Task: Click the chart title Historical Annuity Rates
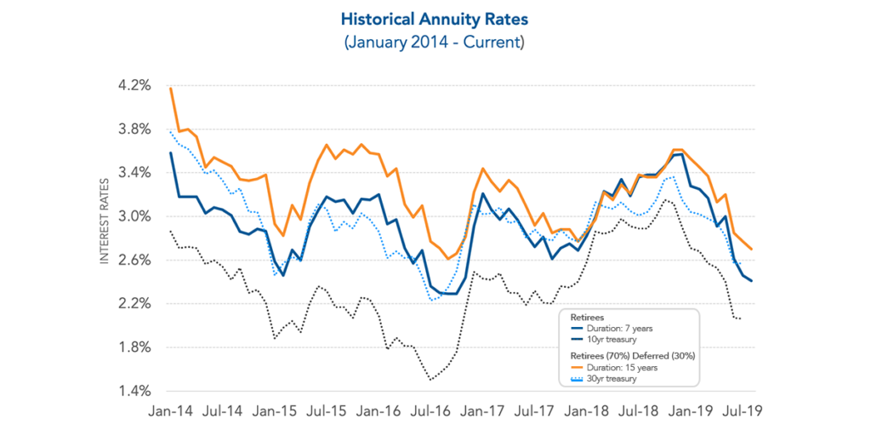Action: coord(435,18)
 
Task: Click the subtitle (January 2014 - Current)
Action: coord(435,41)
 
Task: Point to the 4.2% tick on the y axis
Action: coord(134,85)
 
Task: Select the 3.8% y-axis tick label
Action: coord(134,129)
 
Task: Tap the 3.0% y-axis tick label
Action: coord(134,216)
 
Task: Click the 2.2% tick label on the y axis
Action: coord(134,304)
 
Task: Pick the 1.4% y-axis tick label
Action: coord(134,391)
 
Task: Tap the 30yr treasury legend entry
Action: coord(607,379)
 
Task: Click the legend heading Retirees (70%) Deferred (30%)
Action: coord(629,355)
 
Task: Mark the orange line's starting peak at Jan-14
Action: coord(171,89)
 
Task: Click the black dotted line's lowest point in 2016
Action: coord(430,379)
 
